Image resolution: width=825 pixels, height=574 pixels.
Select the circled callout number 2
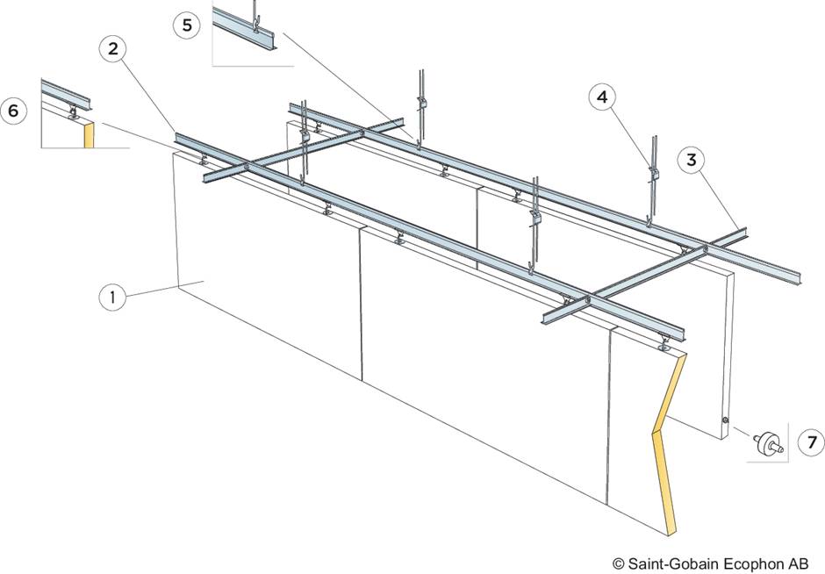pyautogui.click(x=112, y=49)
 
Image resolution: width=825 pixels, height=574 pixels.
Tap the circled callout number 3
pyautogui.click(x=692, y=161)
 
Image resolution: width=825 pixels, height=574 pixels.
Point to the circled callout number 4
pyautogui.click(x=601, y=97)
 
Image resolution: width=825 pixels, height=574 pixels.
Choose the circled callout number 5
pyautogui.click(x=187, y=25)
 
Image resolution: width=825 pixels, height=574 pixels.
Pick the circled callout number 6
pyautogui.click(x=13, y=111)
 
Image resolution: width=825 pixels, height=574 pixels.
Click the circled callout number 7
pyautogui.click(x=812, y=443)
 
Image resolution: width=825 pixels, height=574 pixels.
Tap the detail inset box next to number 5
pyautogui.click(x=248, y=33)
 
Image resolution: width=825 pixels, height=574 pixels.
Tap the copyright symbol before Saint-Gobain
pyautogui.click(x=618, y=563)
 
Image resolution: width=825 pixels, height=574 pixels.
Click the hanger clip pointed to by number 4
pyautogui.click(x=652, y=172)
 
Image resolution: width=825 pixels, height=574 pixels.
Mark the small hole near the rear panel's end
pyautogui.click(x=725, y=423)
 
